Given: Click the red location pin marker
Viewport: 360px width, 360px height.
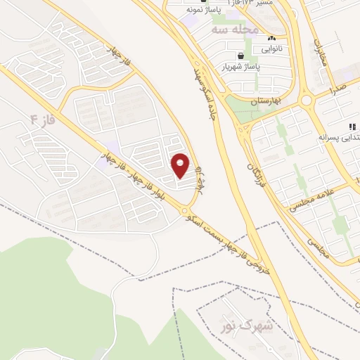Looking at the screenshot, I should [x=181, y=165].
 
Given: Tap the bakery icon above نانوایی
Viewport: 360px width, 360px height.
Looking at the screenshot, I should [x=272, y=39].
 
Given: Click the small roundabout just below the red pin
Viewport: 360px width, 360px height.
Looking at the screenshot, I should [x=186, y=210].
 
